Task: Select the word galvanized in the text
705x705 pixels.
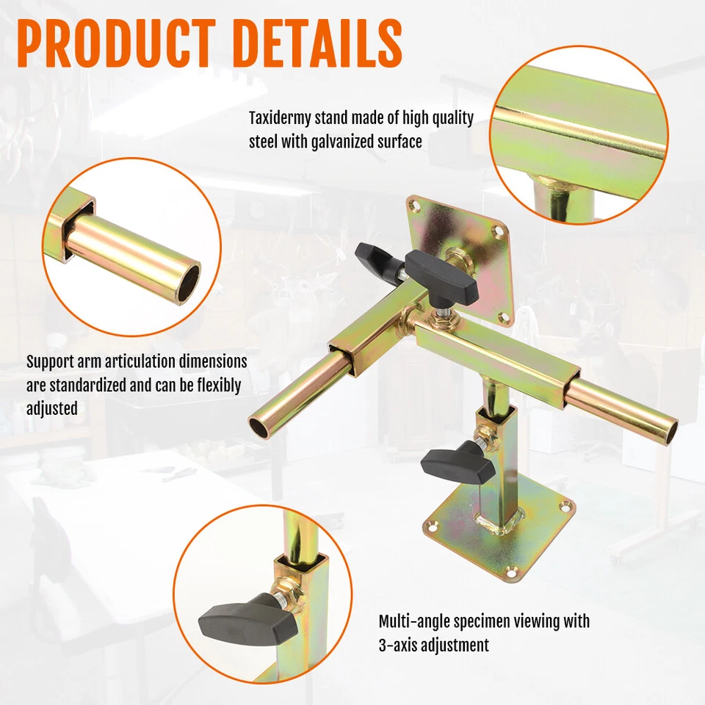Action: coord(344,142)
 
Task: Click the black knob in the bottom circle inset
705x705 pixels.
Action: coord(234,618)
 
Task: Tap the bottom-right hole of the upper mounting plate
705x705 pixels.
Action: coord(504,317)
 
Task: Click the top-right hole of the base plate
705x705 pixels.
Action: coord(564,506)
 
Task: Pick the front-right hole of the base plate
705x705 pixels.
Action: coord(511,571)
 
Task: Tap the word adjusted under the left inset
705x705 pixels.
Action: coord(52,408)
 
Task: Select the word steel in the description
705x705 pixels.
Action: coord(263,142)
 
